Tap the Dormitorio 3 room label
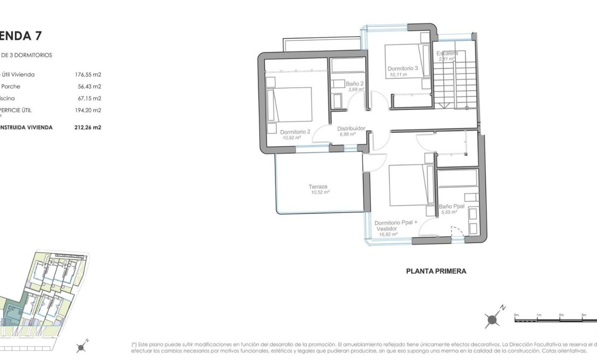(x=403, y=68)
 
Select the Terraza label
(x=318, y=186)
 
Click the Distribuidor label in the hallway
(x=351, y=128)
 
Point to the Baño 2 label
(x=354, y=84)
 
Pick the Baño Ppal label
(x=452, y=207)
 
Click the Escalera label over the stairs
(x=447, y=53)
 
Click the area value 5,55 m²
(x=449, y=212)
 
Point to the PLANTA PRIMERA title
(x=436, y=271)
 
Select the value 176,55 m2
(x=88, y=75)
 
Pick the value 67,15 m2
(x=89, y=98)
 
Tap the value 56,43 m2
(x=89, y=87)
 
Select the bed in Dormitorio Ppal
(x=409, y=185)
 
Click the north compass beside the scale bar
(x=493, y=319)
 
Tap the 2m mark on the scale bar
(x=561, y=315)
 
